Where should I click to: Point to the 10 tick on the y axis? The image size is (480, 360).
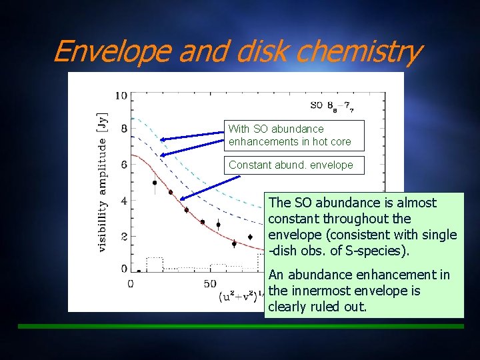coord(121,95)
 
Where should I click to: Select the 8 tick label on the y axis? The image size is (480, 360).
coord(123,130)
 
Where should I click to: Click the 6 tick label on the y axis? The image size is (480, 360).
coord(123,165)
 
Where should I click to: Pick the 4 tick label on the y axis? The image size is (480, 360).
coord(123,199)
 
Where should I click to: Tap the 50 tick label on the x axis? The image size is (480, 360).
coord(209,285)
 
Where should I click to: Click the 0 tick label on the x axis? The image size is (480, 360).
coord(130,285)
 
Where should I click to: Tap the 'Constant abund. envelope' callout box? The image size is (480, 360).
coord(291,165)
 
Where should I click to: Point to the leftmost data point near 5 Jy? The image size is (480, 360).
coord(155,183)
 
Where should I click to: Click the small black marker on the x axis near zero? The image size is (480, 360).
coord(139,271)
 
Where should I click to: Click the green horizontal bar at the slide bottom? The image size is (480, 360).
coord(240,327)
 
